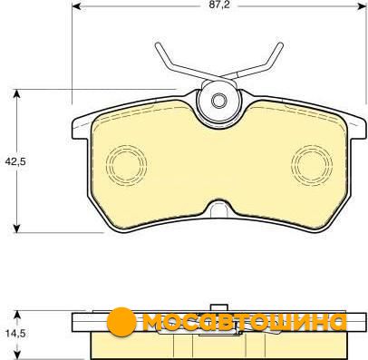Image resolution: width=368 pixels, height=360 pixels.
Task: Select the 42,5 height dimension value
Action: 15,161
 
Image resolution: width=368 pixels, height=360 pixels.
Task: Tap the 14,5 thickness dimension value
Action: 15,334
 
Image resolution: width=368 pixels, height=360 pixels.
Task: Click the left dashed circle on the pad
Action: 127,165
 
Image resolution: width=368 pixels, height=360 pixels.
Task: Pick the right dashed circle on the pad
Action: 312,165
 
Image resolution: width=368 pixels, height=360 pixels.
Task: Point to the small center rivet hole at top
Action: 218,101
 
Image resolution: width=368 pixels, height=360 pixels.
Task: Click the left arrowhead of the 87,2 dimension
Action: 77,5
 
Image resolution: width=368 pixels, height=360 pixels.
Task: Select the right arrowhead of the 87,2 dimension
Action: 362,5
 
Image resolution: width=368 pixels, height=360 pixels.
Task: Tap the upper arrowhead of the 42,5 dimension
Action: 17,93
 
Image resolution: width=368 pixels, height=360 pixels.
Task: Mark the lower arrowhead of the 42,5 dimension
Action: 17,229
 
